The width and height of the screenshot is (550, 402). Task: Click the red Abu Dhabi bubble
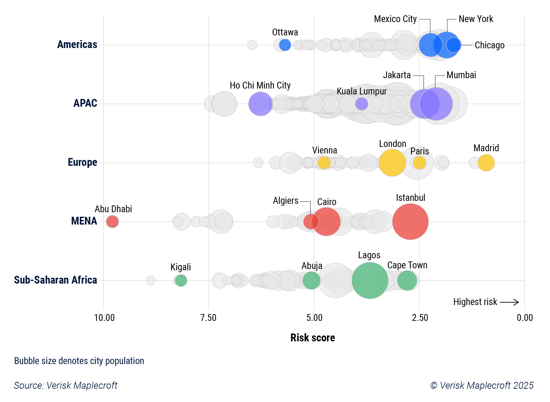pyautogui.click(x=112, y=222)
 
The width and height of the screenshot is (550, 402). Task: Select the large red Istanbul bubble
pyautogui.click(x=410, y=222)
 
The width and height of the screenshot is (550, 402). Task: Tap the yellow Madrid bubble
pyautogui.click(x=486, y=163)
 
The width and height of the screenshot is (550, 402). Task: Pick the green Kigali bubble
pyautogui.click(x=181, y=280)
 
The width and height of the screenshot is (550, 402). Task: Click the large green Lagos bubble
pyautogui.click(x=370, y=280)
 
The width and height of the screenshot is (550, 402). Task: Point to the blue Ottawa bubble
pyautogui.click(x=285, y=45)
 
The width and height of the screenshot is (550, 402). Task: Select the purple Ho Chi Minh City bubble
pyautogui.click(x=260, y=104)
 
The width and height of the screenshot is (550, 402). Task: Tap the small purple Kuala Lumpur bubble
pyautogui.click(x=361, y=104)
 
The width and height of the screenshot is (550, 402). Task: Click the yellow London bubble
pyautogui.click(x=392, y=163)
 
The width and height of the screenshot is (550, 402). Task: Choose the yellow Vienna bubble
pyautogui.click(x=324, y=163)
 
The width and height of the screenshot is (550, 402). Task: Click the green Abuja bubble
pyautogui.click(x=311, y=280)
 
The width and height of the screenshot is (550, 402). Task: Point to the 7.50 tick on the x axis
pyautogui.click(x=208, y=318)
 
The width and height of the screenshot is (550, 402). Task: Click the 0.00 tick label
pyautogui.click(x=524, y=318)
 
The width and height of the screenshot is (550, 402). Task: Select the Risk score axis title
pyautogui.click(x=312, y=338)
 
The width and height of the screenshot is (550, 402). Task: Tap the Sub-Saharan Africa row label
pyautogui.click(x=55, y=280)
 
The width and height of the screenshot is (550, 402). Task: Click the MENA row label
pyautogui.click(x=84, y=221)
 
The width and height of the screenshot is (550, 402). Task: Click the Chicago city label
pyautogui.click(x=489, y=45)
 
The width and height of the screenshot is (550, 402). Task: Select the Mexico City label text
pyautogui.click(x=395, y=19)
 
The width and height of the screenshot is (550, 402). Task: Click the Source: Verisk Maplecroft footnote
pyautogui.click(x=66, y=385)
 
